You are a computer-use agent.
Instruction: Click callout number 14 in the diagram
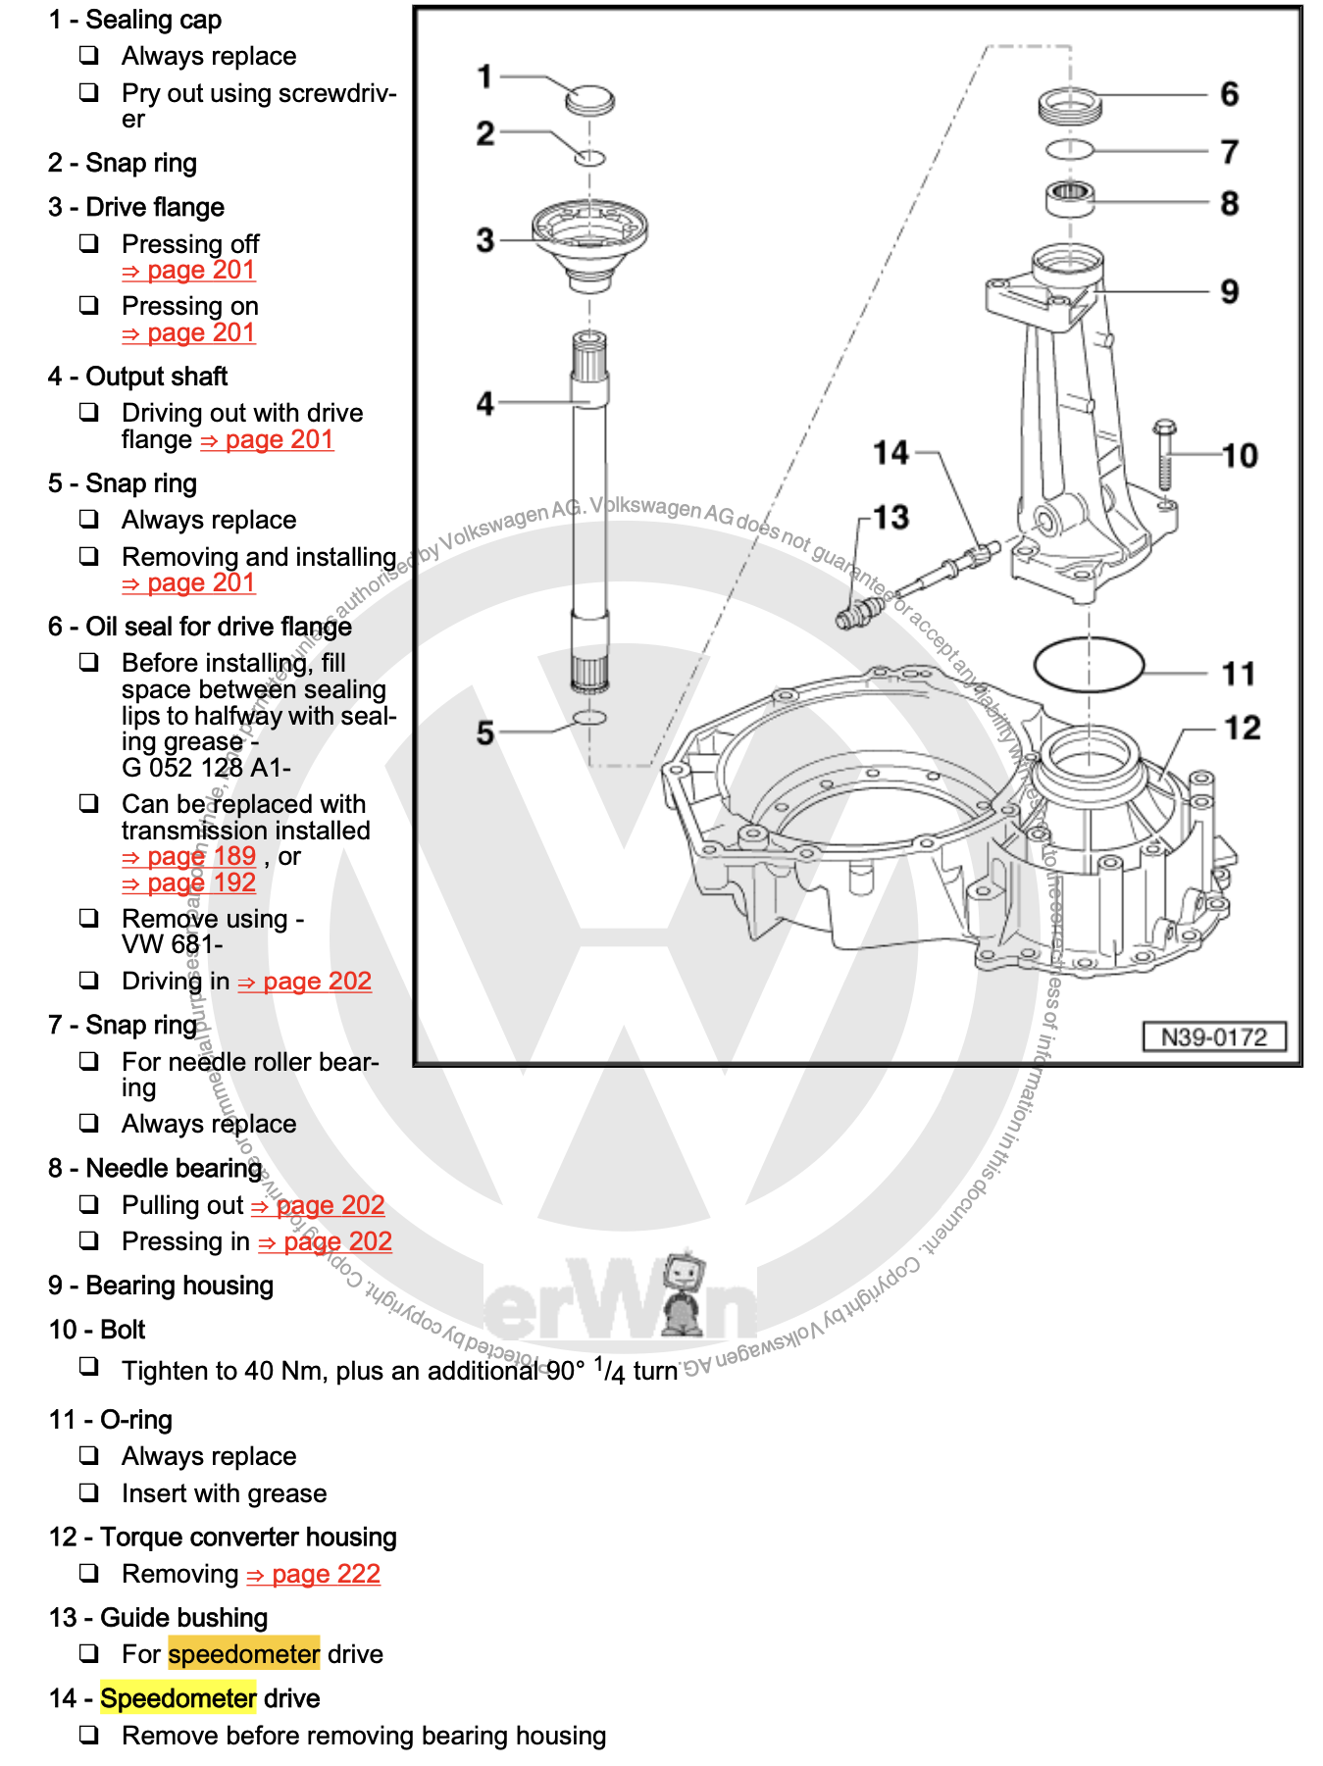890,453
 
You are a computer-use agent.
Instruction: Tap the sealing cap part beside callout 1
589,101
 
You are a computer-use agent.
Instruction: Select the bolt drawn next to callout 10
1164,456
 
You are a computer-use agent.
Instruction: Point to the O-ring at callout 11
1089,665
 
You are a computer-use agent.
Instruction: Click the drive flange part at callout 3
589,241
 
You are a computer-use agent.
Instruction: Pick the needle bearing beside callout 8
1069,200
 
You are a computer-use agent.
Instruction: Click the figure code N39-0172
1213,1037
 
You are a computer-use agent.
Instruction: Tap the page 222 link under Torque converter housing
313,1574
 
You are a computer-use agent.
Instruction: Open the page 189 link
189,856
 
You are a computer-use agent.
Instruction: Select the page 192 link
189,883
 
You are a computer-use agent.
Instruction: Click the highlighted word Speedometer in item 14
178,1698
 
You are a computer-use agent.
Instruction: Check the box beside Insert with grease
89,1492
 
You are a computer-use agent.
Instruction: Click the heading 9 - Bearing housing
161,1286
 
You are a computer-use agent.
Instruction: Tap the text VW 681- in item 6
172,944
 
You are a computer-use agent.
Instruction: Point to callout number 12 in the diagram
1241,728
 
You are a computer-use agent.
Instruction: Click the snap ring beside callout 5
589,718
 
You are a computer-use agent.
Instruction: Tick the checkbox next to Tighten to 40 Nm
89,1366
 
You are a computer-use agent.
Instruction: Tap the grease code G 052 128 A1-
206,768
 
